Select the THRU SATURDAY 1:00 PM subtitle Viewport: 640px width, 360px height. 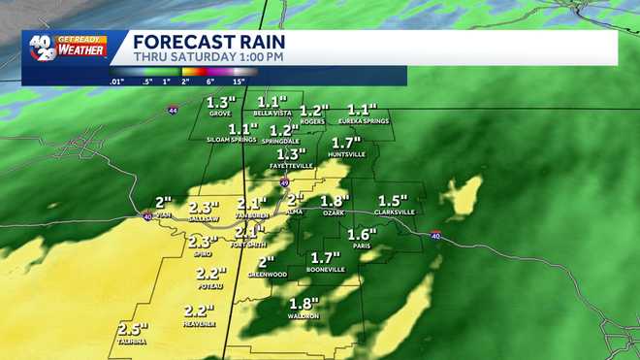click(x=208, y=57)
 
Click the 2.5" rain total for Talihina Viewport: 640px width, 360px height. click(x=133, y=330)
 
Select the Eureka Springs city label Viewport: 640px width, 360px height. click(x=363, y=120)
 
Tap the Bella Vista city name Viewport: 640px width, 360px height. click(x=272, y=114)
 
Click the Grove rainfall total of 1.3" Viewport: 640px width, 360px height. click(x=220, y=102)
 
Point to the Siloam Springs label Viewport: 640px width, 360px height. click(x=231, y=140)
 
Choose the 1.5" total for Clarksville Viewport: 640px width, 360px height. click(x=394, y=199)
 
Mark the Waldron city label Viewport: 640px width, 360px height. click(x=304, y=316)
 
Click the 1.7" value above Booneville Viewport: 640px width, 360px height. click(x=326, y=257)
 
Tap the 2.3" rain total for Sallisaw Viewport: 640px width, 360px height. click(x=204, y=208)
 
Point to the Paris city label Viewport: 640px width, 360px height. click(x=362, y=246)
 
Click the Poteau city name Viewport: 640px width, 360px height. click(x=210, y=285)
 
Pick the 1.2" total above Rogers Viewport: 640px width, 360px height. click(x=315, y=110)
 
